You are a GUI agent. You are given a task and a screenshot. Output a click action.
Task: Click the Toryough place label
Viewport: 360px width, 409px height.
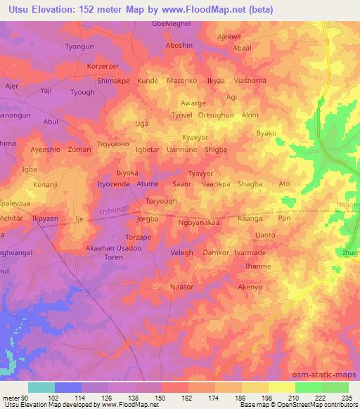point(161,201)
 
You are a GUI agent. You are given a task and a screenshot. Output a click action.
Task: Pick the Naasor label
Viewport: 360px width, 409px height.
point(181,287)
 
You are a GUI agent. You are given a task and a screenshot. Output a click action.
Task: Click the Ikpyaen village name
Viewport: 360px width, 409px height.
point(45,219)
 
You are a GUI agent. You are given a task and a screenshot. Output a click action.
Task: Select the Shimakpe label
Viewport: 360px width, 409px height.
point(113,81)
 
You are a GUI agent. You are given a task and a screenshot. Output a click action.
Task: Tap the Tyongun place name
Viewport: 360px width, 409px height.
point(79,46)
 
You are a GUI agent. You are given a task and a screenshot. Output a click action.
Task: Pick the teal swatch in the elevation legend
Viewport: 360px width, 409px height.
point(41,387)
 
